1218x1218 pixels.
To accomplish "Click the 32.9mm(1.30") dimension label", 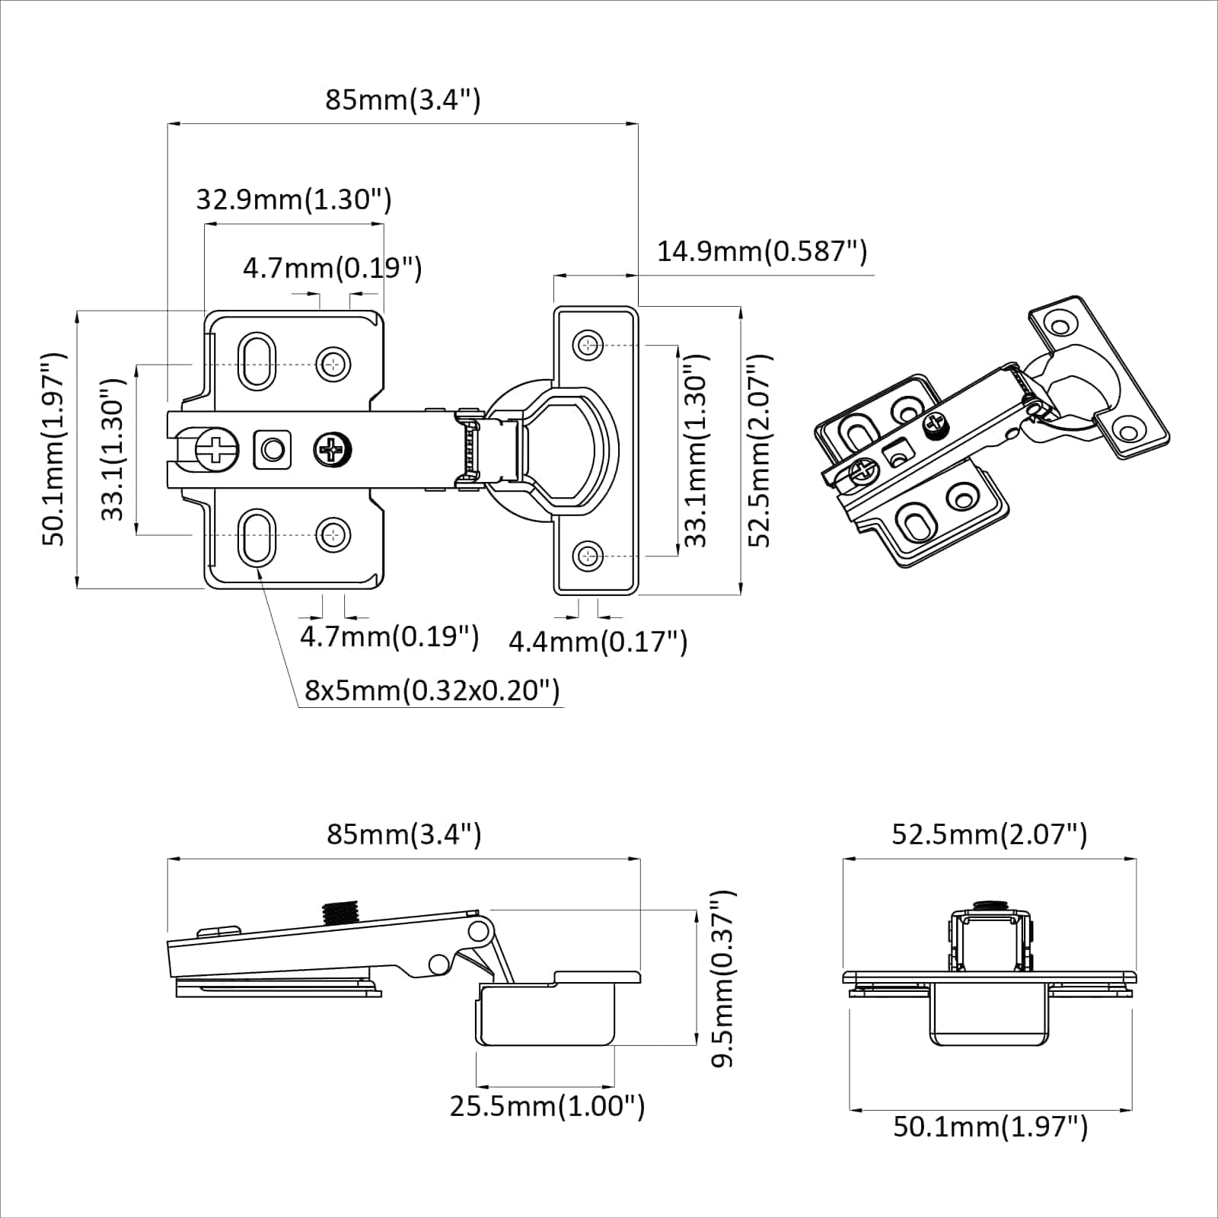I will [x=294, y=199].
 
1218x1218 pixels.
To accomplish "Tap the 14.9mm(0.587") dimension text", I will [x=761, y=250].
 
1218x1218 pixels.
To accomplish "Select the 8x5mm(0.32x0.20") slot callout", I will [x=432, y=690].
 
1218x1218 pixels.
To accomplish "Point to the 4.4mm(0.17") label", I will [x=598, y=642].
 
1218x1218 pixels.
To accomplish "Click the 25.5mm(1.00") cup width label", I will [x=547, y=1105].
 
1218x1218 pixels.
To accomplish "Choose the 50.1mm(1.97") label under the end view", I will [x=990, y=1126].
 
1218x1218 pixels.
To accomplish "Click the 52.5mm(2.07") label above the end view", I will [x=989, y=834].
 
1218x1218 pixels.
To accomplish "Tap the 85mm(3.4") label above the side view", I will [x=404, y=834].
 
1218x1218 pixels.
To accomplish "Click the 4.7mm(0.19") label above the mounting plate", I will [x=332, y=268].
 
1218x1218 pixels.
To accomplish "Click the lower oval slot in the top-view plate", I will [x=257, y=537].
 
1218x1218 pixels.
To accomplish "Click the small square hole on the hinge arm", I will [x=273, y=450].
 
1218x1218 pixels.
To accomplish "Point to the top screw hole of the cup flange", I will [x=587, y=345].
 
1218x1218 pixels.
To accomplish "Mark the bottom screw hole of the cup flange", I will [x=587, y=556].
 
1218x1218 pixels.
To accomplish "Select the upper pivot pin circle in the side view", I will [x=479, y=930].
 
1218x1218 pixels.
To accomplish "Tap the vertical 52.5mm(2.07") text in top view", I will [x=760, y=450].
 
